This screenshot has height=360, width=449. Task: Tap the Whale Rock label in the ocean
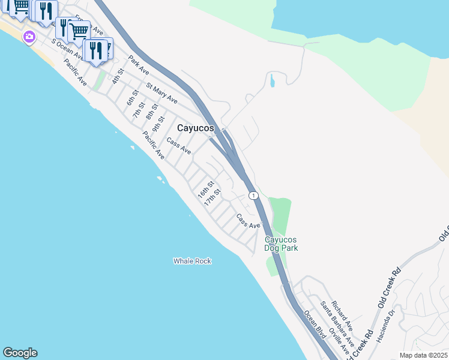click(x=192, y=261)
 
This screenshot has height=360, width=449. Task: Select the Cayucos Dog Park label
click(x=282, y=244)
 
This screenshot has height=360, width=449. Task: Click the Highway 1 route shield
click(x=254, y=196)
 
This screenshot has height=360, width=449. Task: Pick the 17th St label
click(x=212, y=197)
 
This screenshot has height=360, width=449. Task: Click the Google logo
click(x=20, y=353)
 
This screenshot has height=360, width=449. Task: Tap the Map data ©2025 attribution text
click(x=423, y=355)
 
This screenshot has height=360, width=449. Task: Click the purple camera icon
click(x=29, y=37)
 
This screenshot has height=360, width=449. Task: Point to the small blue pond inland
click(x=273, y=80)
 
